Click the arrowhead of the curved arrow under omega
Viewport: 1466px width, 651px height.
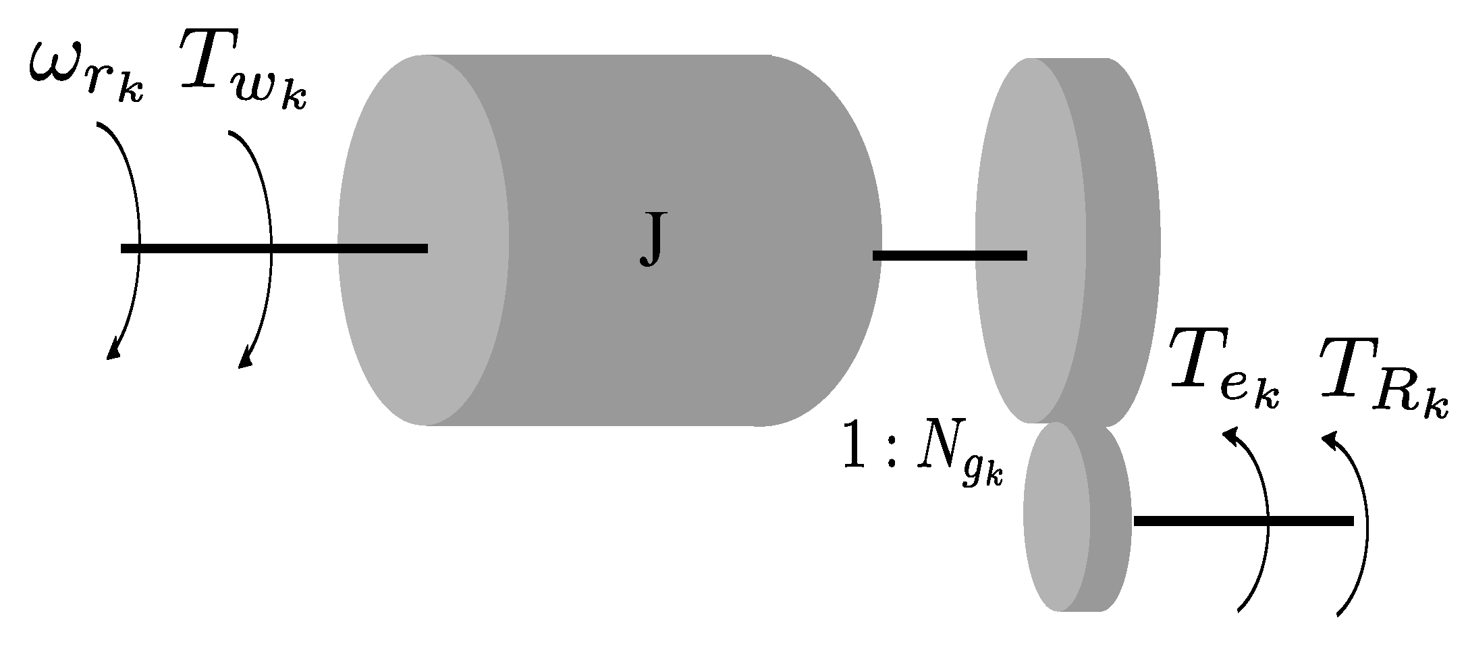click(113, 351)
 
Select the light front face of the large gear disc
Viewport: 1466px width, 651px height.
click(1029, 169)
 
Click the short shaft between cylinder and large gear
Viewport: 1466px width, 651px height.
click(949, 255)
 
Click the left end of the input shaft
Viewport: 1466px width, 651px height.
click(126, 249)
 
